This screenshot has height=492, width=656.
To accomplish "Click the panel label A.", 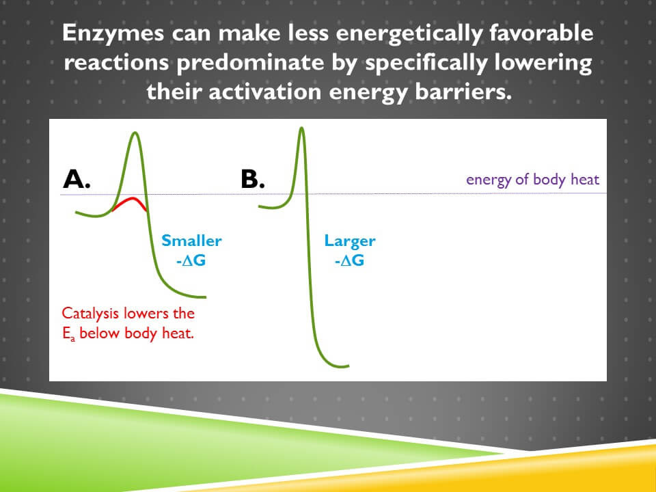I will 77,179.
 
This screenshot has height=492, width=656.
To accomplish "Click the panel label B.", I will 253,179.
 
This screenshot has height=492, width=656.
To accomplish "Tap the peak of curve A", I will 135,133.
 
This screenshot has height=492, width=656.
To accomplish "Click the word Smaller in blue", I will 191,241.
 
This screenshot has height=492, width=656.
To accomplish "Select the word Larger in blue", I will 350,241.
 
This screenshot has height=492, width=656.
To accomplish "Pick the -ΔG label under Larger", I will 349,260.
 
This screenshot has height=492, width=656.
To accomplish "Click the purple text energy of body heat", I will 532,180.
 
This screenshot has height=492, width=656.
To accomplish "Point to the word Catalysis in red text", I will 90,314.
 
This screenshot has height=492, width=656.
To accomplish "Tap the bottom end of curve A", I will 204,297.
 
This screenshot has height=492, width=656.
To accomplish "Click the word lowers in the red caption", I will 146,314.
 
